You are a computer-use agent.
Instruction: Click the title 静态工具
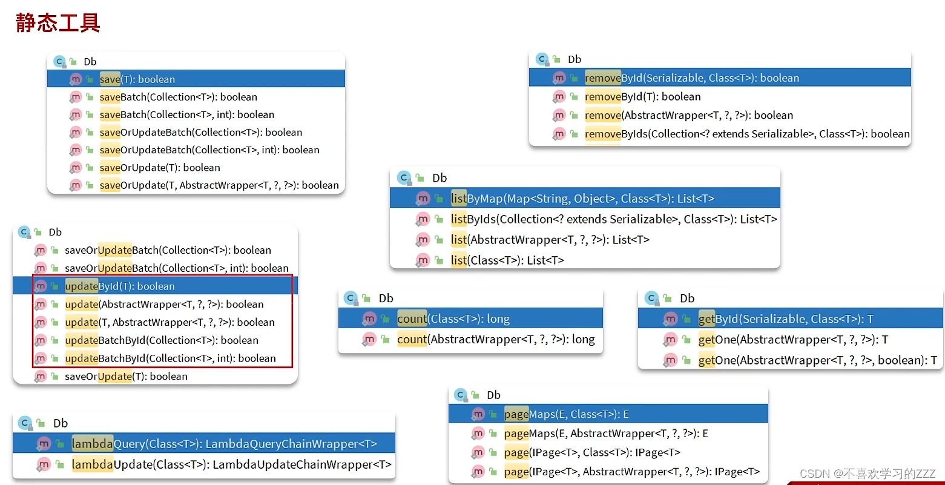click(x=58, y=22)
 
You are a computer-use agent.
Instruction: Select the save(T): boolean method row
click(x=137, y=79)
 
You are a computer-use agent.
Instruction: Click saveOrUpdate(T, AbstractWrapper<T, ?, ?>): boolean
click(x=219, y=185)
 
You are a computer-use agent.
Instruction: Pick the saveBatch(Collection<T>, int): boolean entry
click(x=186, y=114)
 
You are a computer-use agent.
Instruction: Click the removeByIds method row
click(x=746, y=134)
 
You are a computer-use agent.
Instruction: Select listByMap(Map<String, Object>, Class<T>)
click(x=582, y=198)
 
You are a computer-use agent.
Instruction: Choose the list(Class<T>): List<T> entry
click(x=507, y=260)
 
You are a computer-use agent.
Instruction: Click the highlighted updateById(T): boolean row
click(x=120, y=286)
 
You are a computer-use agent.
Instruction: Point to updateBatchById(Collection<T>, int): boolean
click(x=170, y=358)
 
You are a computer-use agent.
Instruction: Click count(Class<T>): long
click(x=453, y=318)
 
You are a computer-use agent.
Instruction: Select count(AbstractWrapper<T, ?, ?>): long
click(x=496, y=339)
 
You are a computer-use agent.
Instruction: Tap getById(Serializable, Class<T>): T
click(x=786, y=319)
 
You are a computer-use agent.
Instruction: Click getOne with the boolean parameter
click(x=817, y=360)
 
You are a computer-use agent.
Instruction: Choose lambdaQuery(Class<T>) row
click(x=224, y=444)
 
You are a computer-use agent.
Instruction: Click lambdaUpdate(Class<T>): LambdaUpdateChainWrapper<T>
click(x=231, y=464)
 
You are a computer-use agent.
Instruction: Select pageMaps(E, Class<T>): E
click(x=566, y=414)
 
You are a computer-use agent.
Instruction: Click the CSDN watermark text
click(x=868, y=473)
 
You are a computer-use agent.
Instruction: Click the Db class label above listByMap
click(x=440, y=178)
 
